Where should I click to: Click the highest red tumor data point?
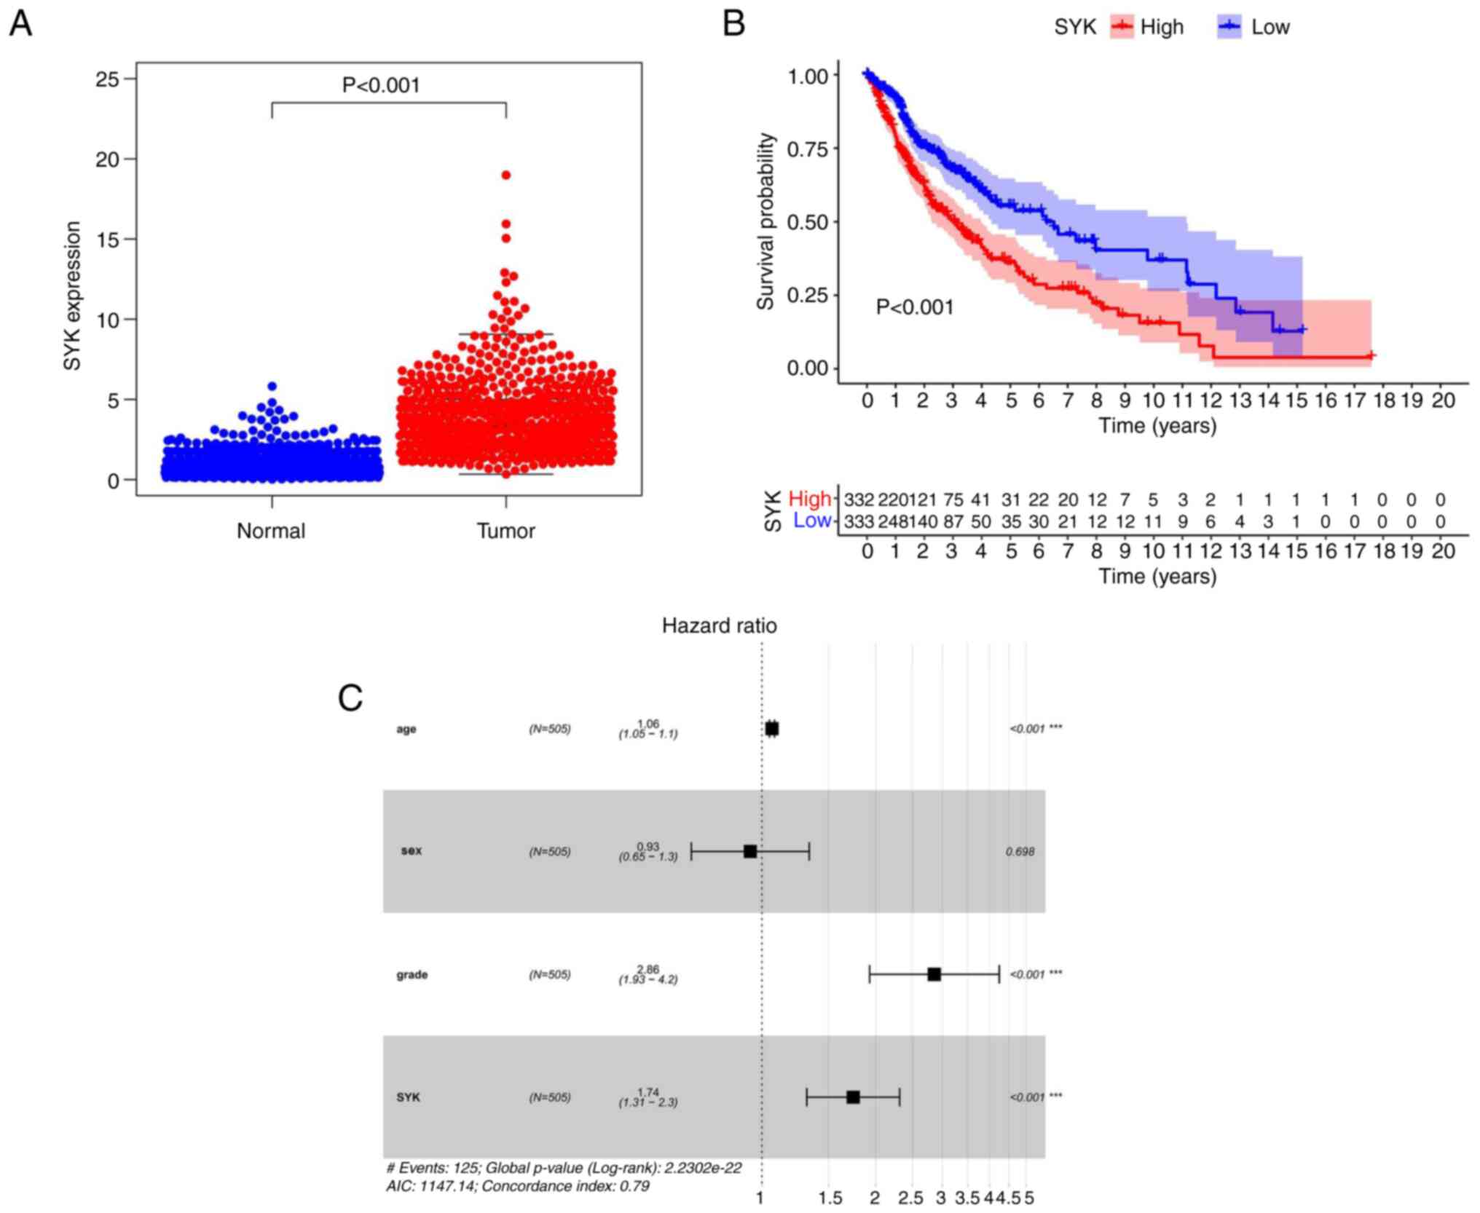coord(506,175)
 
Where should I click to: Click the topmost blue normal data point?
coord(272,387)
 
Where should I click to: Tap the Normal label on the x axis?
coord(271,531)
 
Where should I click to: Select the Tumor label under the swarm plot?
coord(506,531)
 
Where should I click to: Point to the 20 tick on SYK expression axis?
coord(107,159)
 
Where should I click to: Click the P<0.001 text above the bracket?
coord(381,86)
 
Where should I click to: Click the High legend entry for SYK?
coord(1161,28)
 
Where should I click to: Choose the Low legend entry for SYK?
coord(1270,28)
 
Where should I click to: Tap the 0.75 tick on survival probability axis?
coord(808,149)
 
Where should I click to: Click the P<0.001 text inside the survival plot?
coord(915,307)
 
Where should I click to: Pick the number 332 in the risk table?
coord(859,500)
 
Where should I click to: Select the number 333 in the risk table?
coord(859,522)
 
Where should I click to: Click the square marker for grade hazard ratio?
coord(934,974)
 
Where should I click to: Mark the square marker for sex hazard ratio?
coord(750,851)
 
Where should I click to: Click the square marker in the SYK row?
coord(853,1097)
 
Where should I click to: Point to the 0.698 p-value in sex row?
coord(1020,852)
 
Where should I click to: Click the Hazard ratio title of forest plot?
coord(719,626)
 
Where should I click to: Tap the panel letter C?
coord(350,698)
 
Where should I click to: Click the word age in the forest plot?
coord(406,729)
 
